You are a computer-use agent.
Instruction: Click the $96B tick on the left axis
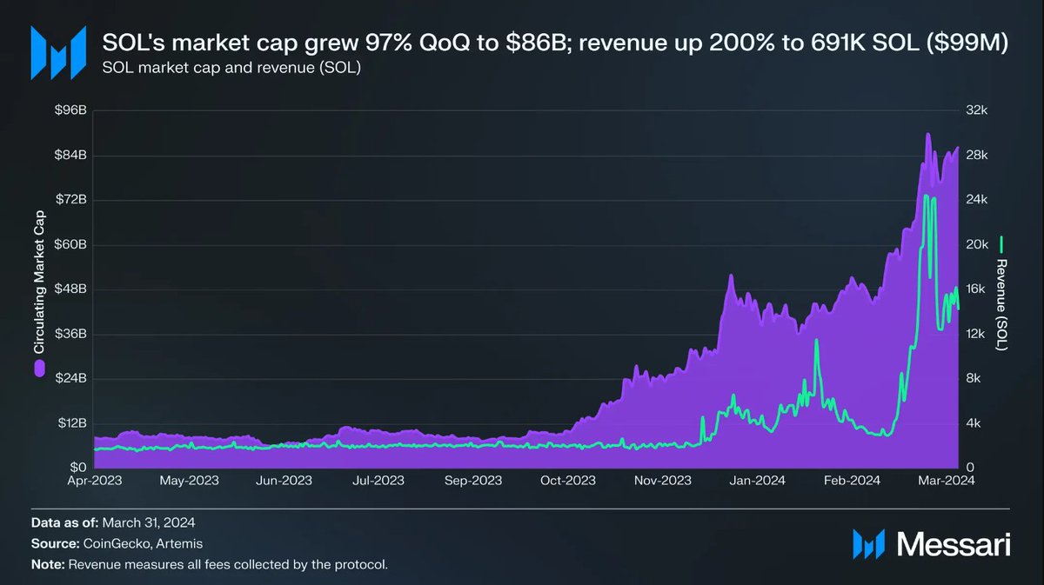point(72,110)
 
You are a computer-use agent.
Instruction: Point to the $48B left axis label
point(72,289)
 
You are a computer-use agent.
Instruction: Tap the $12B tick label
point(72,423)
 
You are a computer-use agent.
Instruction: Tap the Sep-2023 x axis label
point(473,479)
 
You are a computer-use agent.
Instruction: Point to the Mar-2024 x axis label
point(947,479)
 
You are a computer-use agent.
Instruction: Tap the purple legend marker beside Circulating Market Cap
point(38,369)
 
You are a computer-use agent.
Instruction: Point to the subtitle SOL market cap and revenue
point(231,68)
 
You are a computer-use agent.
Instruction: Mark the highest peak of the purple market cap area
point(928,134)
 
